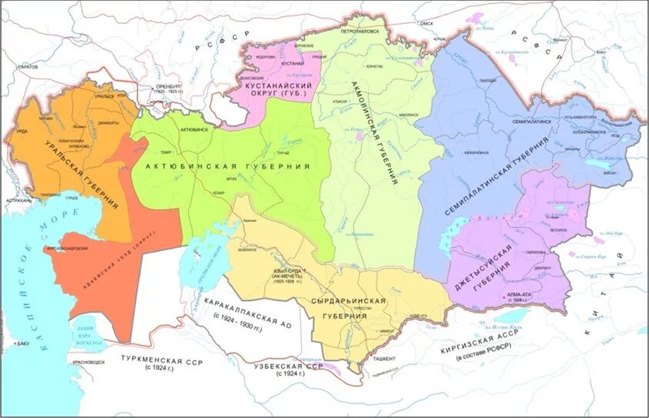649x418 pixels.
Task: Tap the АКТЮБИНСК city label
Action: click(x=193, y=131)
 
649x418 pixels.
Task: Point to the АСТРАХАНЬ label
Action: click(x=17, y=201)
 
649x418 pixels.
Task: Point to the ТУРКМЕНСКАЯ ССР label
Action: click(x=161, y=361)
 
